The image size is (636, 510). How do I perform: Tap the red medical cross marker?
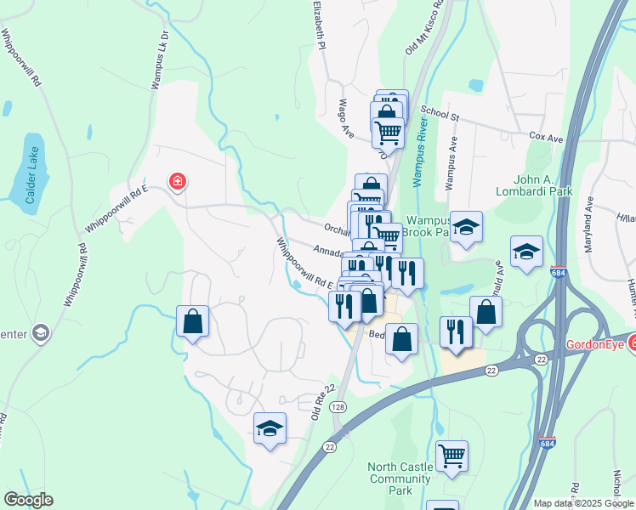click(178, 181)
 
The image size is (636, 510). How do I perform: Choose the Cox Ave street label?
click(546, 137)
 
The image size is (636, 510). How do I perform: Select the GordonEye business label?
click(596, 343)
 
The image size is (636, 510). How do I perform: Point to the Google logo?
click(28, 500)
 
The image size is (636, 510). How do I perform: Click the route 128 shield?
click(339, 409)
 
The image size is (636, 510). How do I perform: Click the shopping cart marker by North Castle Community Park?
click(451, 456)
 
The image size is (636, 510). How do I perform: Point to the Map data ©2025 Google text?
click(583, 503)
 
